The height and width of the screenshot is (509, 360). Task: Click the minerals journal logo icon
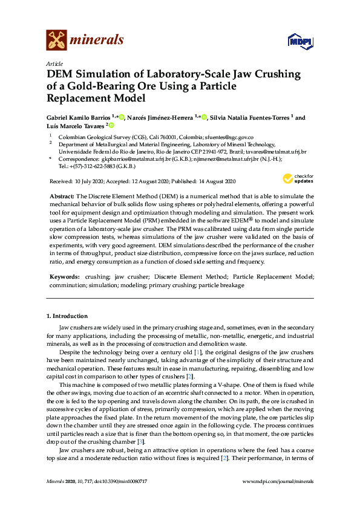tap(57, 41)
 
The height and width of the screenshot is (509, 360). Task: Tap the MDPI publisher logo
tap(301, 41)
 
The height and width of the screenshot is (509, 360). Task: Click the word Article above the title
tap(54, 63)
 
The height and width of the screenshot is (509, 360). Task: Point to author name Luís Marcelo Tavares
tap(76, 126)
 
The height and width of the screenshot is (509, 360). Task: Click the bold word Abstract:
tap(62, 197)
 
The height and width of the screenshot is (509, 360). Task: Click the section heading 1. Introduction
tap(67, 316)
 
